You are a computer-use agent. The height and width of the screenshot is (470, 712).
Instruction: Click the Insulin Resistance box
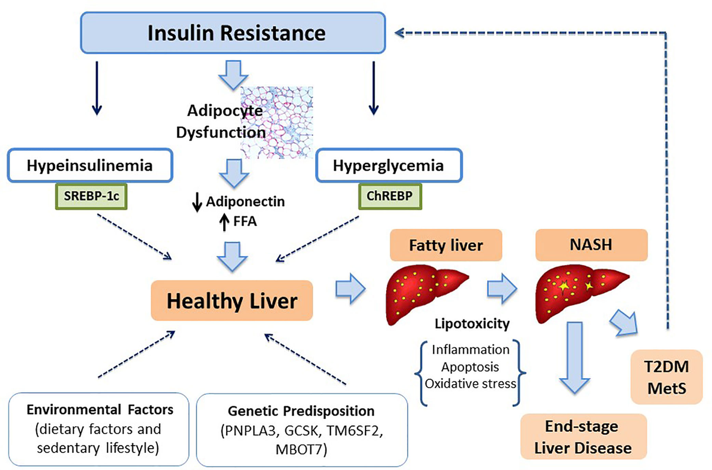233,33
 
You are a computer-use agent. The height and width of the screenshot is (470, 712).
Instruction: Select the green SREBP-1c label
91,196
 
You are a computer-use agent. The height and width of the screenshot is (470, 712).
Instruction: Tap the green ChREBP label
390,196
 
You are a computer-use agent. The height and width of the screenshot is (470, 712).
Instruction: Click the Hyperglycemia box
389,165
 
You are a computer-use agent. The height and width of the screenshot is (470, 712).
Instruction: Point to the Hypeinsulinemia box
90,165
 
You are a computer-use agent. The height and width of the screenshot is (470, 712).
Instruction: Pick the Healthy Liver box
232,300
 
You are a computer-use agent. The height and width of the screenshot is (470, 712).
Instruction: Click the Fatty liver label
446,245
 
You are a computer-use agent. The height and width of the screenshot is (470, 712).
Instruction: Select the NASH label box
592,245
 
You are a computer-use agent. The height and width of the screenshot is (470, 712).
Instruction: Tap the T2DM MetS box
666,377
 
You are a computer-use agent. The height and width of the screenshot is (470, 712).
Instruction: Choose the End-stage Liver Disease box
584,436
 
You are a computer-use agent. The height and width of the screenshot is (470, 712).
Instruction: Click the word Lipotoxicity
472,324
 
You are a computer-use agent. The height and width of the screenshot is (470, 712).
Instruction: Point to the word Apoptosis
470,367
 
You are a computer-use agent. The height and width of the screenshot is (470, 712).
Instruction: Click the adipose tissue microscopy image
277,122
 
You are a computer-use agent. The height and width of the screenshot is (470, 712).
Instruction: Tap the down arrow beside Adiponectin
197,202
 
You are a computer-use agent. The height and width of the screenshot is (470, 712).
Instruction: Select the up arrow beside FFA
224,221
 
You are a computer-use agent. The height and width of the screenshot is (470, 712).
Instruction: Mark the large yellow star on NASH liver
564,286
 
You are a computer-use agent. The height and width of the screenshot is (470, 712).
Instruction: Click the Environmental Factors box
98,429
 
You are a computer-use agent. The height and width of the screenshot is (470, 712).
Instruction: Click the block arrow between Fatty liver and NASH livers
502,288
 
